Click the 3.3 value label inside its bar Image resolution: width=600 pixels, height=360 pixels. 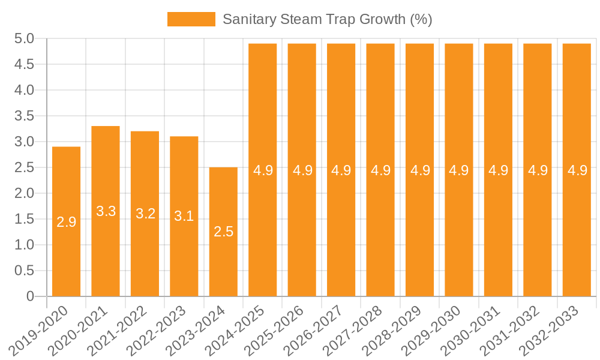106,211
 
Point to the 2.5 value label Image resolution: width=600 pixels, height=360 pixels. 223,232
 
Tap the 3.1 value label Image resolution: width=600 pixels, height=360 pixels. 184,216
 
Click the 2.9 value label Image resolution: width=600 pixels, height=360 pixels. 66,222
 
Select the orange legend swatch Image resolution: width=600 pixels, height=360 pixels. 191,19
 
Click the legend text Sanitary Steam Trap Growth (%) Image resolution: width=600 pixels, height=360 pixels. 328,19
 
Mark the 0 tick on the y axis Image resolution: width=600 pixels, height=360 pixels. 31,296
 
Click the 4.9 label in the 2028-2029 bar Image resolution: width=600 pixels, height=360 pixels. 420,170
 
